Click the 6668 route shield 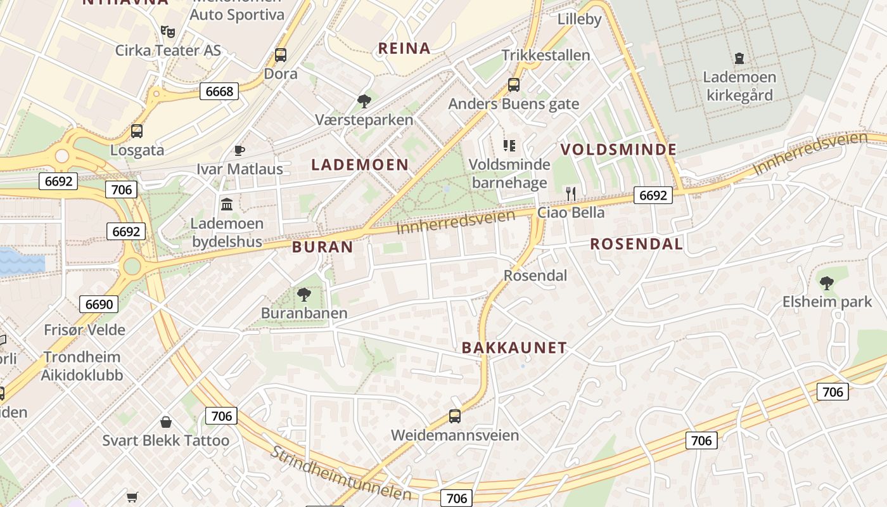coord(220,91)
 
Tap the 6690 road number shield coord(99,304)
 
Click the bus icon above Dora coord(281,55)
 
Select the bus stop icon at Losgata coord(137,131)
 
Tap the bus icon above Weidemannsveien coord(455,416)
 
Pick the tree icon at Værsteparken coord(364,100)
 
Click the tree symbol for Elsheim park coord(826,283)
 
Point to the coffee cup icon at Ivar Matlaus coord(239,150)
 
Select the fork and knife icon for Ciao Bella coord(571,193)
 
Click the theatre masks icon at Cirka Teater coord(168,31)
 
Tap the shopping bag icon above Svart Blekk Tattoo coord(166,421)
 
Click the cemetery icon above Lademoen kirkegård coord(739,58)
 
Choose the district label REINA coord(404,48)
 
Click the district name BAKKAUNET coord(514,347)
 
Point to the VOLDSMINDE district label coord(618,150)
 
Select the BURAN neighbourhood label coord(322,247)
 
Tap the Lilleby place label coord(579,19)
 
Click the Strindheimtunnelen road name coord(341,473)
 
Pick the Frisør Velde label coord(84,330)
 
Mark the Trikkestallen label coord(546,55)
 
